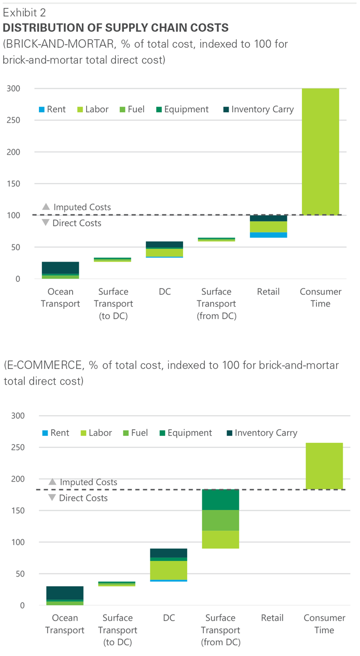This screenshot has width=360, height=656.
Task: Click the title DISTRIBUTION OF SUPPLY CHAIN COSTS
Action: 116,28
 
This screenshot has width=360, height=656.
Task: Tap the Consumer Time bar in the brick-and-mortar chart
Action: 320,152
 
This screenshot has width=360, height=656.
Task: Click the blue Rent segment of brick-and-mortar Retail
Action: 268,235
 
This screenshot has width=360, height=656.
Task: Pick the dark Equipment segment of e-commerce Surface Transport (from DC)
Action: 220,500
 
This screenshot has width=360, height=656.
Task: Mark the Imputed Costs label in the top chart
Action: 82,207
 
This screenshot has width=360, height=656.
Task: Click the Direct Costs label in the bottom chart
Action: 84,498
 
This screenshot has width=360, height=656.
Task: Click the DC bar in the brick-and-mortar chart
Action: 164,250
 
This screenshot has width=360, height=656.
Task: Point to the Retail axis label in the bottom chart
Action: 272,618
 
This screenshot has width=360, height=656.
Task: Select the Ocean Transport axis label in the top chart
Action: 60,297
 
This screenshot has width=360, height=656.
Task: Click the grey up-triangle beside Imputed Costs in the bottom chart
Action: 52,482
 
